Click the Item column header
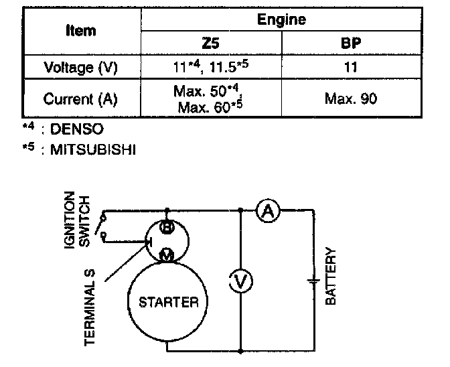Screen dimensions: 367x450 pyautogui.click(x=81, y=31)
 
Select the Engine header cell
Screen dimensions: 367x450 pyautogui.click(x=281, y=19)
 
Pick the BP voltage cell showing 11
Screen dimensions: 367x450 pyautogui.click(x=351, y=68)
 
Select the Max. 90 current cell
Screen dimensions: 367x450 pyautogui.click(x=351, y=99)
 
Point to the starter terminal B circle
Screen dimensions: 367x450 pyautogui.click(x=167, y=228)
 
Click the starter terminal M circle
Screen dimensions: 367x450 pyautogui.click(x=167, y=253)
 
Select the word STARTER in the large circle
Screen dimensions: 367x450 pyautogui.click(x=168, y=302)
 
